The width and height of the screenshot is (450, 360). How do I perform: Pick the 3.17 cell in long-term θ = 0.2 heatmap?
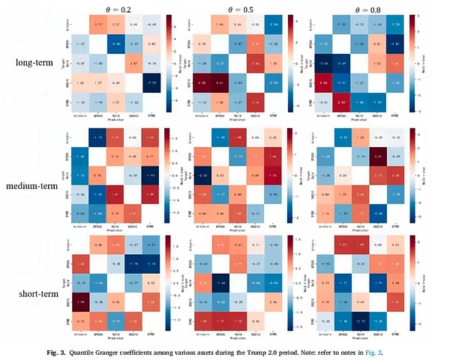click(97, 25)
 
